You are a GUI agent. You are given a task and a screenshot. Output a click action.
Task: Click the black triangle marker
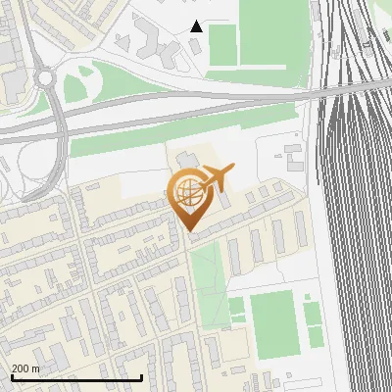coord(196,25)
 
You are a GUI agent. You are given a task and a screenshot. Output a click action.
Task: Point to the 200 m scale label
coord(25,368)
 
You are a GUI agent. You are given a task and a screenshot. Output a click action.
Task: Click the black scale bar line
coord(76,377)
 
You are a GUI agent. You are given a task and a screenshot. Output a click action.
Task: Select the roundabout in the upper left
coord(45,77)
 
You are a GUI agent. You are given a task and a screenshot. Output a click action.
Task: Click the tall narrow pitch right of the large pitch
coord(314,323)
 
